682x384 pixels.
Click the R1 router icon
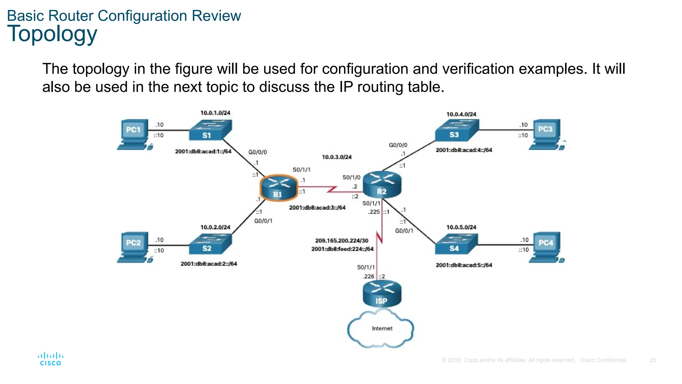[x=278, y=187]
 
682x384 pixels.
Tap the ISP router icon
[x=382, y=293]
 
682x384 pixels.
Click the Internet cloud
[x=381, y=329]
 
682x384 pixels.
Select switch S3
[x=457, y=130]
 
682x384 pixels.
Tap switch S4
[x=456, y=244]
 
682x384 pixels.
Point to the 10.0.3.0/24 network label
[x=337, y=157]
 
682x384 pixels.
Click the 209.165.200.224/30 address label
[x=342, y=240]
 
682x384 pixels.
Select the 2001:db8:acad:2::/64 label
[x=209, y=264]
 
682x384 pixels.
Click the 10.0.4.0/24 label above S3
[x=461, y=114]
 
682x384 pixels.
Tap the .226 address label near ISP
[x=369, y=276]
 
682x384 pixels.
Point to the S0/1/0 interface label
[x=351, y=177]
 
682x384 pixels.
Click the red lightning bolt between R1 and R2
[x=332, y=190]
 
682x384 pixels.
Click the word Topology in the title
[x=52, y=34]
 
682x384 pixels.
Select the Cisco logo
[x=50, y=359]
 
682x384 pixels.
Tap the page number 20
[x=653, y=360]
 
